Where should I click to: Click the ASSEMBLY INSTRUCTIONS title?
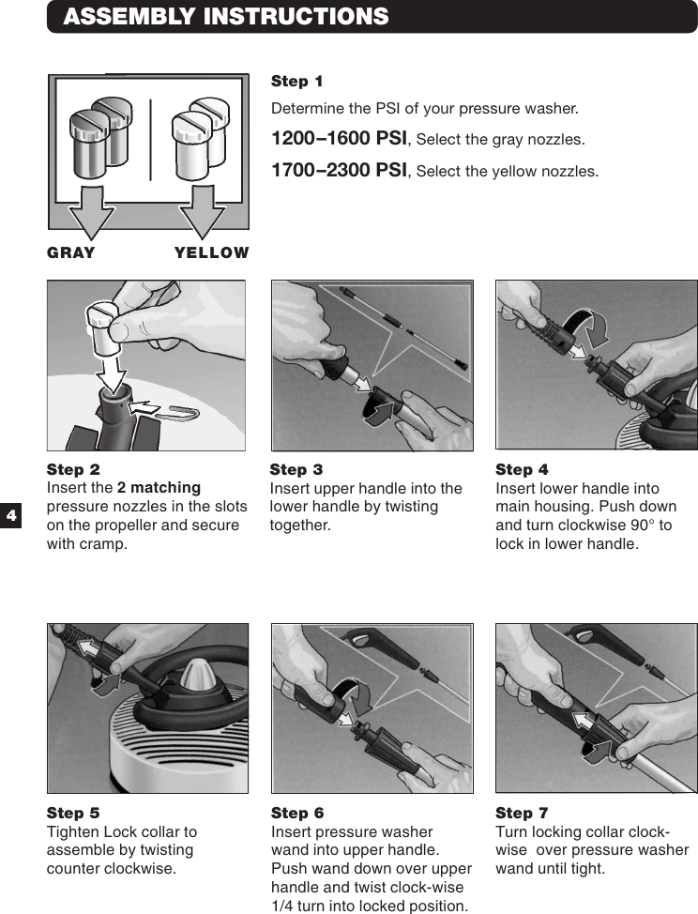[x=225, y=17]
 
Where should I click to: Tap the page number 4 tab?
[x=10, y=515]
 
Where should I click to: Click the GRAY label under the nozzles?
[x=71, y=252]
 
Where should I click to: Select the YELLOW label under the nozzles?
[x=212, y=252]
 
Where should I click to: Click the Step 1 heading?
[x=296, y=82]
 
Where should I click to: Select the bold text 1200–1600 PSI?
[x=339, y=139]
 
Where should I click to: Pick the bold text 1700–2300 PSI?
[x=339, y=171]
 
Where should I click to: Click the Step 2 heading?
[x=73, y=469]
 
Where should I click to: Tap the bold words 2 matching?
[x=159, y=488]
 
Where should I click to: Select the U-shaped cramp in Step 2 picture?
[x=177, y=412]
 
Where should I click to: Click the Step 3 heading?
[x=296, y=469]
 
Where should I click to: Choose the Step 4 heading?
[x=522, y=469]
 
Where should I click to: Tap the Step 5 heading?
[x=73, y=813]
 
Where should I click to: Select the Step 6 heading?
[x=297, y=813]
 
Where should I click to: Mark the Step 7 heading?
[x=522, y=813]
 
